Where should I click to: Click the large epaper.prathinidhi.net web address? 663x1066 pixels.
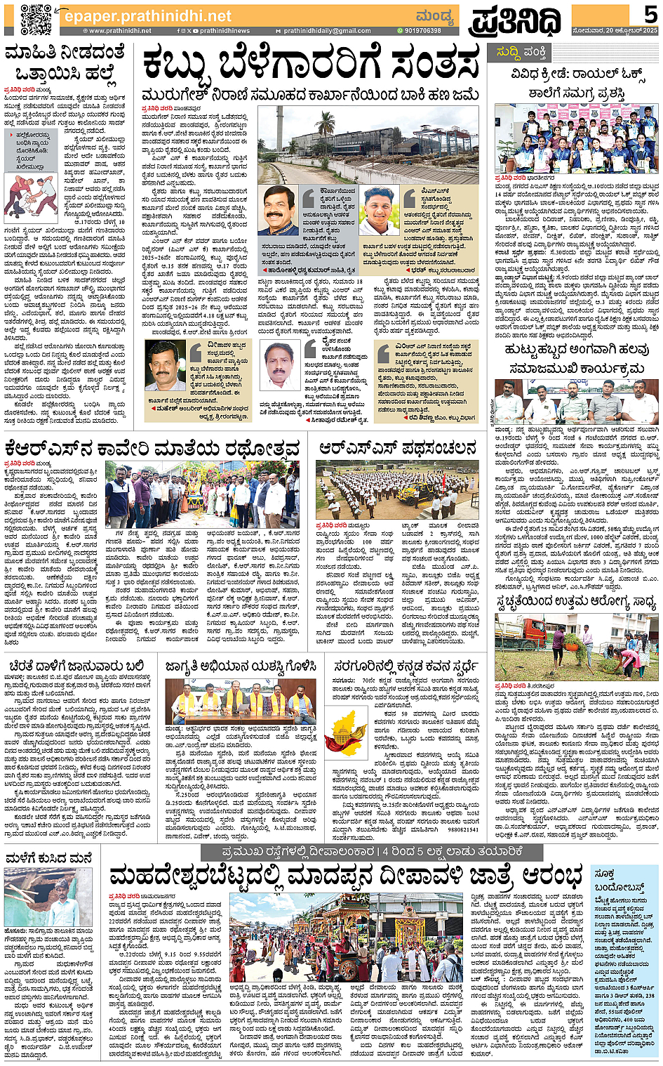[148, 15]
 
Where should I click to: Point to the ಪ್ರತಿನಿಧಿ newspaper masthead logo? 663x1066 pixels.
[516, 20]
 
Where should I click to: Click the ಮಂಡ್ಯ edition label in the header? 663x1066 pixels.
[434, 15]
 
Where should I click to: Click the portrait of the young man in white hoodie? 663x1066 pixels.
[378, 209]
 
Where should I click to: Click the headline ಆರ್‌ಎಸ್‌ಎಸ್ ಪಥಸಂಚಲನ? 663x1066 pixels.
[397, 447]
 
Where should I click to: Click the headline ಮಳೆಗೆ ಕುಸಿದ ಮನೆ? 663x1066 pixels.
[48, 858]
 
